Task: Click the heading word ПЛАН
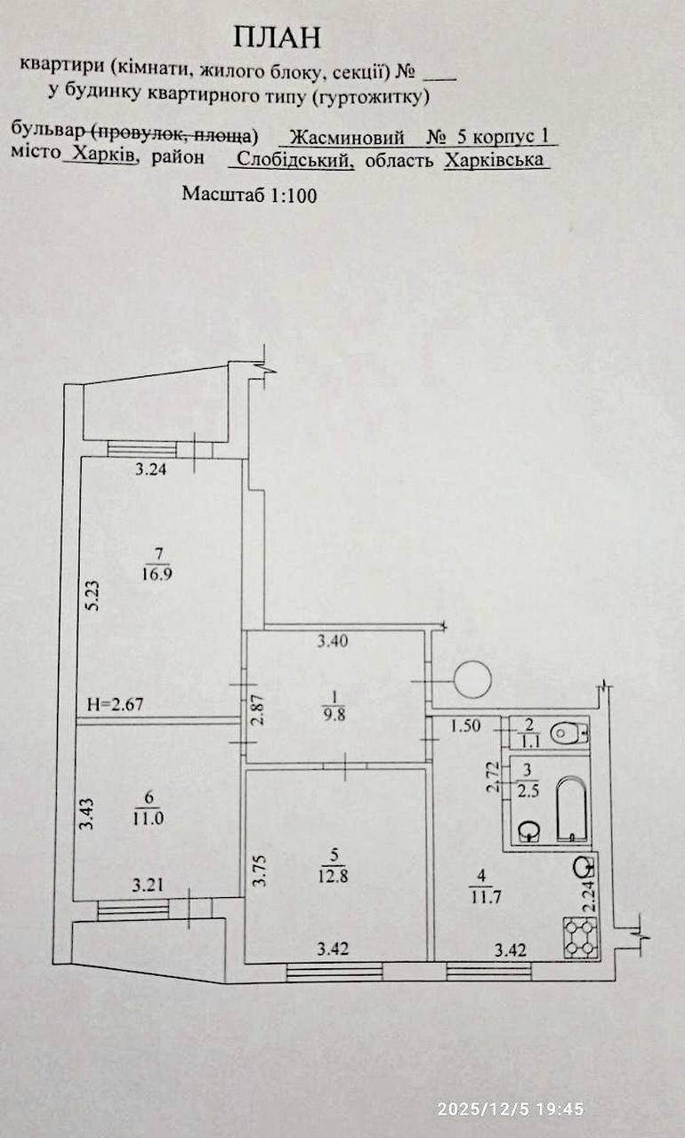click(278, 37)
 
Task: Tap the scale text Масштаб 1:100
click(249, 195)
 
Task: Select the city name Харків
click(104, 153)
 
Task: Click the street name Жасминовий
click(348, 137)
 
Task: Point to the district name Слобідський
click(295, 160)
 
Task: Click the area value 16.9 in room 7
click(157, 574)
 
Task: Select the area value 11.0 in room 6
click(149, 819)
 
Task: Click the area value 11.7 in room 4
click(487, 897)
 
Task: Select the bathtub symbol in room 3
click(572, 809)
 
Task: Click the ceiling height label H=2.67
click(116, 704)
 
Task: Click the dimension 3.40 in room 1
click(333, 641)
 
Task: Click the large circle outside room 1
click(472, 679)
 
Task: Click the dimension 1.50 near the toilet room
click(465, 725)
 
